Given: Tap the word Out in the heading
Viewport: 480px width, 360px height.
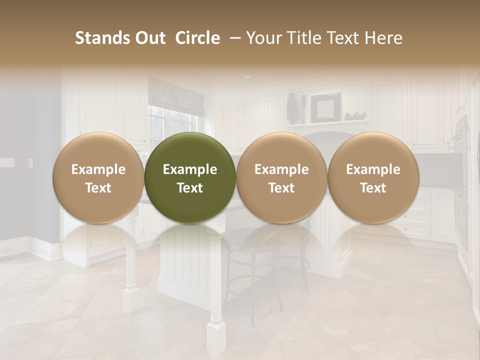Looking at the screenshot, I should (149, 38).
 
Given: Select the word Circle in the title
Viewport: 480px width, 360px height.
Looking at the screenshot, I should (197, 38).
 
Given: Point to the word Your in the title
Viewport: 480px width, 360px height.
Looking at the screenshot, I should (263, 38).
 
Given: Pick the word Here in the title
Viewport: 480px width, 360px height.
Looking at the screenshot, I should (384, 38).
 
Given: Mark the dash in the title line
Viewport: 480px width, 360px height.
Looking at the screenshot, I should (232, 38).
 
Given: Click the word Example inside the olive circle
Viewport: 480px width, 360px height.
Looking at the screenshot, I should (190, 169).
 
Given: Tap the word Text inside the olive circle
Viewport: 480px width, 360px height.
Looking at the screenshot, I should (190, 188).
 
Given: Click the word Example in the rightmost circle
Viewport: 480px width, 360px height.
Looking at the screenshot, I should (373, 169).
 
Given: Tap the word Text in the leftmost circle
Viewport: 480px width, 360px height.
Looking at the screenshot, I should (98, 188).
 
